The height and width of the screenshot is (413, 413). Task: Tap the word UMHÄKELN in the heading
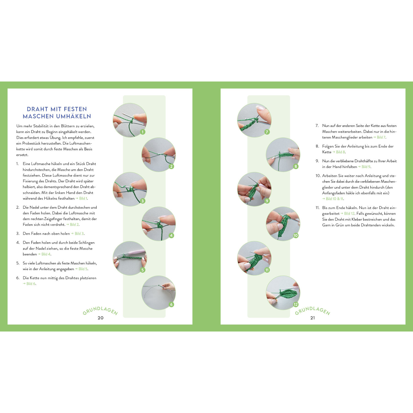pyautogui.click(x=74, y=116)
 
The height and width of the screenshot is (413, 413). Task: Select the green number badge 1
pyautogui.click(x=143, y=132)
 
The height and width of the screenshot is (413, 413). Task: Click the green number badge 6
pyautogui.click(x=171, y=304)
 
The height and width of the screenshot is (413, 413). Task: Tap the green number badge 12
pyautogui.click(x=296, y=304)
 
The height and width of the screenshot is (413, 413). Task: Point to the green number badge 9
pyautogui.click(x=267, y=201)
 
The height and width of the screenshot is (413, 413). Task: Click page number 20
pyautogui.click(x=100, y=318)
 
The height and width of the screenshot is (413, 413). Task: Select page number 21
pyautogui.click(x=313, y=318)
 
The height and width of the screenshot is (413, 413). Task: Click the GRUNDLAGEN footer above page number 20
pyautogui.click(x=100, y=311)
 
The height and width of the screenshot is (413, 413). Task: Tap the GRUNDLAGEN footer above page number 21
pyautogui.click(x=313, y=311)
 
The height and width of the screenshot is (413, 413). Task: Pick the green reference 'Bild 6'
pyautogui.click(x=31, y=284)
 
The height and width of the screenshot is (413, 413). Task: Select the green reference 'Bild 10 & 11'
pyautogui.click(x=335, y=199)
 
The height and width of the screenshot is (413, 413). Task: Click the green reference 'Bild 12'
pyautogui.click(x=349, y=213)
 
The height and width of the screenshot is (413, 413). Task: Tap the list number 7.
pyautogui.click(x=317, y=126)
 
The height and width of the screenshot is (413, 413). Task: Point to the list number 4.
pyautogui.click(x=18, y=243)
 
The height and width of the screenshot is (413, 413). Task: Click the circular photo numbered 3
pyautogui.click(x=130, y=189)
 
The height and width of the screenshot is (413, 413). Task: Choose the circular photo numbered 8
pyautogui.click(x=283, y=155)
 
